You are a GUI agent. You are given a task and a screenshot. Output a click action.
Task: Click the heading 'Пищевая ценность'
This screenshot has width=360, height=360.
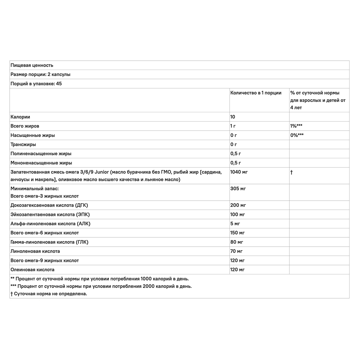[32, 65]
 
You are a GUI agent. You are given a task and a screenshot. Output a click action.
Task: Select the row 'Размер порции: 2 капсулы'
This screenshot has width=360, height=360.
[40, 74]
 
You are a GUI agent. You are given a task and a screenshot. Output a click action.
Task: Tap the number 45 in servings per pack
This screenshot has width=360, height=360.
[59, 84]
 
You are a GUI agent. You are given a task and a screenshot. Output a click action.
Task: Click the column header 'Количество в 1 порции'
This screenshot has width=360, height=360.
[256, 93]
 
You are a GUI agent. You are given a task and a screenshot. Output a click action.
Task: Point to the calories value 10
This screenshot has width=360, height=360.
[233, 117]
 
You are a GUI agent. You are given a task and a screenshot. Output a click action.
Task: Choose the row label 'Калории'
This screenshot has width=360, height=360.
[20, 117]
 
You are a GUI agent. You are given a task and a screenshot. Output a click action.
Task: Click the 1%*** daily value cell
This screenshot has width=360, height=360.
[296, 126]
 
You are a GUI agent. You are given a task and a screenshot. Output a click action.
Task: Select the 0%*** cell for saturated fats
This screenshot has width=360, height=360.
[297, 135]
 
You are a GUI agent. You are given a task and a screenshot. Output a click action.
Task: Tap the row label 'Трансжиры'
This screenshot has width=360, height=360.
[23, 144]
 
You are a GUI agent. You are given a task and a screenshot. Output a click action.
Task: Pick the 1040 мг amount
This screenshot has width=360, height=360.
[239, 172]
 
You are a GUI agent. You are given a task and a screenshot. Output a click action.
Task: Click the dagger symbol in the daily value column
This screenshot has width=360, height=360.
[291, 172]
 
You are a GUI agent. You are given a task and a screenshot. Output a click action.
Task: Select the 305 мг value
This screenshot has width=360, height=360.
[238, 189]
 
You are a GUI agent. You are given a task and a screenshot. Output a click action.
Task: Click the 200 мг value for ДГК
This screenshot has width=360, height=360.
[238, 205]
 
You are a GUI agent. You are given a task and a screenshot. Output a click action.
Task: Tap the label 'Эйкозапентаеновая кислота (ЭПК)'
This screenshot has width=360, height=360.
[50, 214]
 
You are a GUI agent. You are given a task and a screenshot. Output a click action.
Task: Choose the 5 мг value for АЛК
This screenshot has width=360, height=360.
[235, 224]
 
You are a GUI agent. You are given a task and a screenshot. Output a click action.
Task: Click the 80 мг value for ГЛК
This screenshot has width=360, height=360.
[237, 242]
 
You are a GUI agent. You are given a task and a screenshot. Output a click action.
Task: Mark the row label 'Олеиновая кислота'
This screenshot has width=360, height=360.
[32, 270]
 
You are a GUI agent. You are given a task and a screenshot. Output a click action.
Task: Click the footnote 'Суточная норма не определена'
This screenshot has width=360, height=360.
[50, 294]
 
